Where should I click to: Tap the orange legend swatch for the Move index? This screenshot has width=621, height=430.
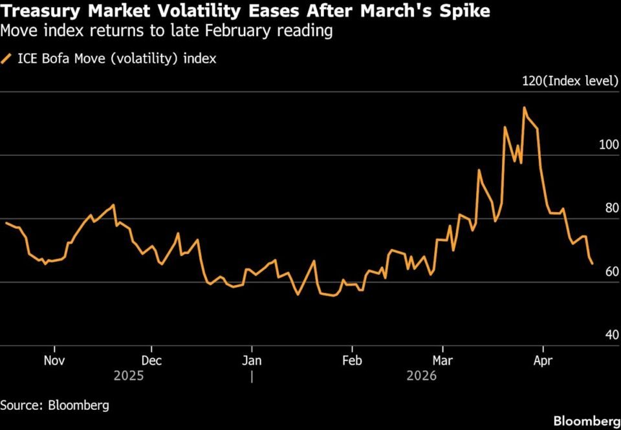coord(7,59)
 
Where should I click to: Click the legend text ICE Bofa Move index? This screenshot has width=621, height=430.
coord(116,59)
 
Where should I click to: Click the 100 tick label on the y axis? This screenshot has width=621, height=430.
coord(609,145)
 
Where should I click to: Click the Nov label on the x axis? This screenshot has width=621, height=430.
coord(54,360)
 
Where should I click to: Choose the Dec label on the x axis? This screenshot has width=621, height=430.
coord(151,360)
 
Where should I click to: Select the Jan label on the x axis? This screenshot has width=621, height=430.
coord(252,360)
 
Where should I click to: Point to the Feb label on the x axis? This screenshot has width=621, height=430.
coord(351,360)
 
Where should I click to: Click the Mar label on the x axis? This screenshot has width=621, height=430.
coord(442,360)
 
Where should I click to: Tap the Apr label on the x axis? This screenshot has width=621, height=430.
coord(542,360)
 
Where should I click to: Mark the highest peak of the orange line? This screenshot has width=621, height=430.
coord(525,108)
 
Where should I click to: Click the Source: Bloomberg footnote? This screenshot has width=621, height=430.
coord(54,405)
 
